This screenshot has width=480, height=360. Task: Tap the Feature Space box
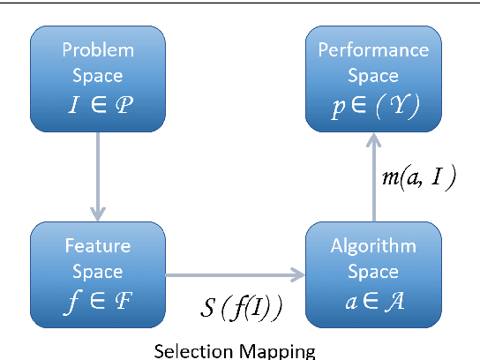click(97, 275)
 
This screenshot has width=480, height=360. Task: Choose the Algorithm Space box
click(372, 275)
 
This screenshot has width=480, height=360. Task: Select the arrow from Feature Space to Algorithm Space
click(235, 275)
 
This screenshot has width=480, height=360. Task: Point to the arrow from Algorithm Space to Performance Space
click(372, 176)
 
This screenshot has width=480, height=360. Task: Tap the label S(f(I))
click(239, 310)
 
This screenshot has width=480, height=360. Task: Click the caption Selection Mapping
click(234, 351)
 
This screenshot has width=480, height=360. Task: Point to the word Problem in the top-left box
click(97, 49)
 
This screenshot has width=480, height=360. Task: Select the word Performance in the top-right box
click(372, 49)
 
